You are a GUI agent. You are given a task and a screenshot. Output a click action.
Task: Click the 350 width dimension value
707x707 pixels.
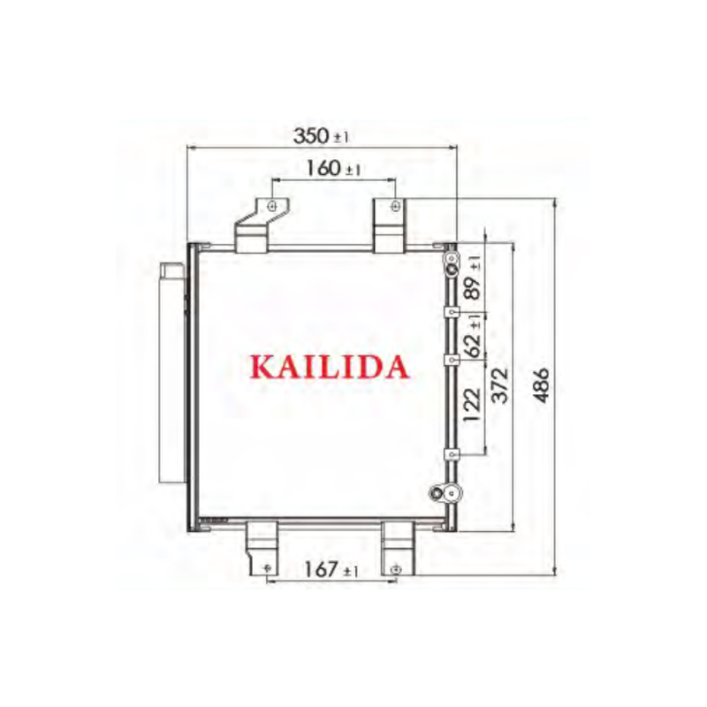(312, 136)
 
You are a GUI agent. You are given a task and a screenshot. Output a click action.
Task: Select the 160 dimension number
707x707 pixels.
(323, 168)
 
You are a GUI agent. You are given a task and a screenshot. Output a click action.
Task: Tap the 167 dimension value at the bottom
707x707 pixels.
(321, 569)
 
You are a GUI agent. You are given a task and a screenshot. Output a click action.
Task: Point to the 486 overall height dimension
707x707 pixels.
(541, 385)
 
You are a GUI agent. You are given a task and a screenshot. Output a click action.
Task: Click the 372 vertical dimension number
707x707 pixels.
(499, 385)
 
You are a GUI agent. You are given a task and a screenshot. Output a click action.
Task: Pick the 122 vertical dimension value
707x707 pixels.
(473, 405)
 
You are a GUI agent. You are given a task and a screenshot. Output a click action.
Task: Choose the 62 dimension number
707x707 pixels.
(473, 346)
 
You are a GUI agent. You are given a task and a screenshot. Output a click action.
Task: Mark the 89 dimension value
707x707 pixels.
(473, 288)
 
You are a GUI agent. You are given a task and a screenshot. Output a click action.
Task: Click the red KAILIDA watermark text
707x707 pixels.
(330, 367)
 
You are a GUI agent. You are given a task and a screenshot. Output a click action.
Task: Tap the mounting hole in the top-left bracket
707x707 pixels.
(272, 207)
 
